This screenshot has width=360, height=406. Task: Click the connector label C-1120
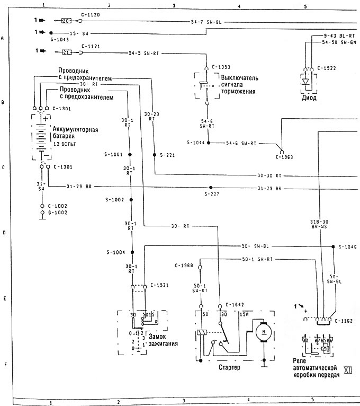pyautogui.click(x=89, y=16)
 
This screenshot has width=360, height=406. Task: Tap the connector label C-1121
pyautogui.click(x=89, y=47)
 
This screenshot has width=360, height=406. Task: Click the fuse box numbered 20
pyautogui.click(x=66, y=21)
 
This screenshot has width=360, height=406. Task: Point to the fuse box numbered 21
pyautogui.click(x=66, y=51)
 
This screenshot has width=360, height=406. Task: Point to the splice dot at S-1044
pyautogui.click(x=209, y=143)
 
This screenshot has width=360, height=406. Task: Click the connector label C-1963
pyautogui.click(x=284, y=157)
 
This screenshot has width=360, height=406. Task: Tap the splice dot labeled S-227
pyautogui.click(x=211, y=188)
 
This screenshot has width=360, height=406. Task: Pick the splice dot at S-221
pyautogui.click(x=154, y=155)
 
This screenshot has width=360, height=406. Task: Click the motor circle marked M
pyautogui.click(x=262, y=332)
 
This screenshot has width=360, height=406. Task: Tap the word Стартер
pyautogui.click(x=229, y=367)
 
